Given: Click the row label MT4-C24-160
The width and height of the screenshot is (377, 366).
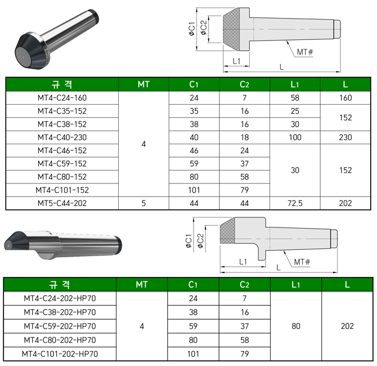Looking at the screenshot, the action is click(62, 98).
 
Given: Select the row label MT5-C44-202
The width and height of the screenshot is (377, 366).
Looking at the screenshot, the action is click(62, 203).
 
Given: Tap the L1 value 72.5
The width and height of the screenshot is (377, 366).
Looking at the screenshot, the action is click(295, 203).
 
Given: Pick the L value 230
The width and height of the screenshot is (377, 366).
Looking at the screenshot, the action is click(345, 137).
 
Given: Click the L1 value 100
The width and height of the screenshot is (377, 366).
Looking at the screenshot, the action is click(295, 137).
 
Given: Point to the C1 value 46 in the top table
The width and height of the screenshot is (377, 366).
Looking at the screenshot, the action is click(194, 151).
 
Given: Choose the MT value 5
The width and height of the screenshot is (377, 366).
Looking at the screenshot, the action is click(143, 203).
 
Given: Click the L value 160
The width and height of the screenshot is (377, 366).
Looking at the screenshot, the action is click(345, 98).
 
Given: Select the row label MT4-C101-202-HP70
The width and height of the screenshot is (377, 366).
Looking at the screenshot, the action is click(60, 354).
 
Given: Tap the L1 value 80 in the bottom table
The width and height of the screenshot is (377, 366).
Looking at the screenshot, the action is click(296, 326).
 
